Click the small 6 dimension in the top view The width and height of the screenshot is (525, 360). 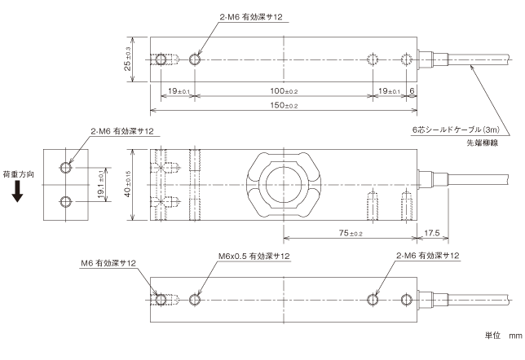click(x=413, y=92)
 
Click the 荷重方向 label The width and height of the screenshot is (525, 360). click(x=18, y=173)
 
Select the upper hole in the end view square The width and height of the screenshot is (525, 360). click(x=65, y=168)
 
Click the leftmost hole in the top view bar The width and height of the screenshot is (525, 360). click(x=158, y=59)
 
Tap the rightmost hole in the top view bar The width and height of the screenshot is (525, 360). click(x=408, y=59)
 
